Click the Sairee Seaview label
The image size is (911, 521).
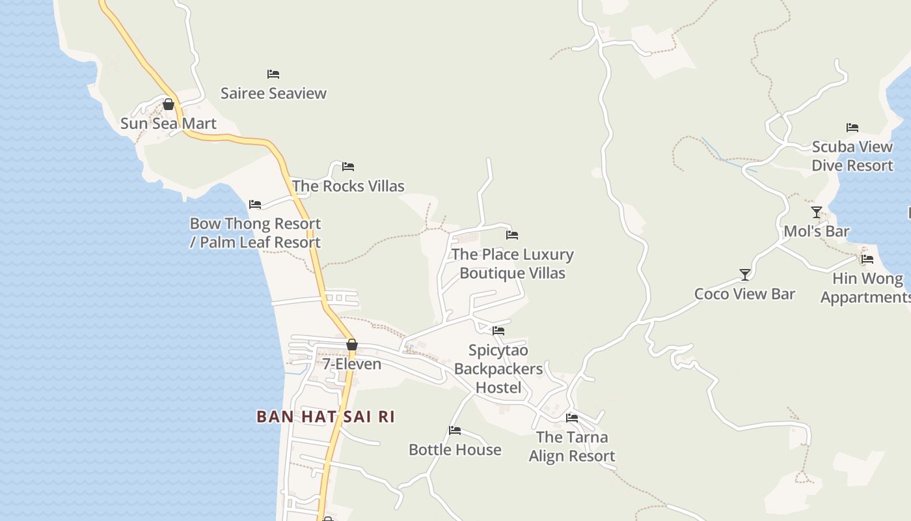click(x=273, y=93)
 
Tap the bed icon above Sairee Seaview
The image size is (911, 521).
click(x=273, y=74)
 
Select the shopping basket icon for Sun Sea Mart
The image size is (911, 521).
click(x=169, y=104)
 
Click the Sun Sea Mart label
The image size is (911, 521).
click(x=169, y=123)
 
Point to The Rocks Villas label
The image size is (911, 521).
click(x=348, y=186)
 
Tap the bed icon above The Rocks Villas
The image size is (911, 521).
click(x=348, y=167)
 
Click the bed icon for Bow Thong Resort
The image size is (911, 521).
click(x=255, y=204)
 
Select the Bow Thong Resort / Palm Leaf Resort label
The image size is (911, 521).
click(x=255, y=233)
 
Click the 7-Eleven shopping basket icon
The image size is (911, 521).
click(x=352, y=345)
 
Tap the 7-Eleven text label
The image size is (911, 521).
click(x=352, y=364)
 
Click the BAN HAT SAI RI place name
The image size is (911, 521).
click(x=325, y=417)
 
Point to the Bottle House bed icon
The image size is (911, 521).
click(x=455, y=430)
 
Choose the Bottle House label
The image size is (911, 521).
click(x=455, y=450)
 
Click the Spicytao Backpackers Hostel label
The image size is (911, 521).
click(x=498, y=369)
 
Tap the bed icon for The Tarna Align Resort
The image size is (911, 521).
click(x=572, y=418)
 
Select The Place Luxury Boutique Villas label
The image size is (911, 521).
click(x=512, y=264)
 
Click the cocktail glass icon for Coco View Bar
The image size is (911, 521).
click(x=745, y=274)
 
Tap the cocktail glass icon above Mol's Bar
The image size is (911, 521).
click(x=817, y=212)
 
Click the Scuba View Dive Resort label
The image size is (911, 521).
click(x=852, y=156)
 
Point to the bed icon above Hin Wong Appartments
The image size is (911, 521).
click(x=867, y=259)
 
